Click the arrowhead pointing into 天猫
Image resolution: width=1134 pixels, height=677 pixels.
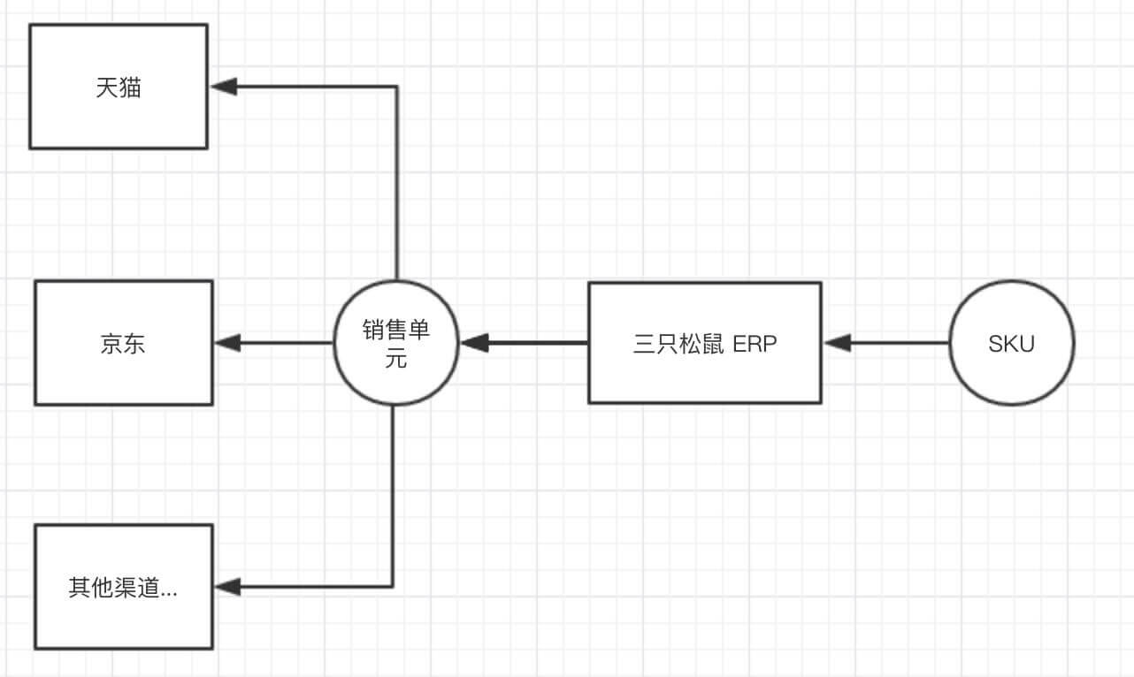[224, 87]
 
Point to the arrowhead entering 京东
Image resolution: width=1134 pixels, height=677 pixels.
[227, 343]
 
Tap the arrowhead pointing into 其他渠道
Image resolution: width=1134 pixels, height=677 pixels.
[227, 586]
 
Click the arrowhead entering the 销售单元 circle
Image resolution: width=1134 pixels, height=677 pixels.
[476, 343]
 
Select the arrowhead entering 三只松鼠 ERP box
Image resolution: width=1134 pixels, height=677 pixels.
[837, 343]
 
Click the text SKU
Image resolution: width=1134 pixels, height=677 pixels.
[1011, 344]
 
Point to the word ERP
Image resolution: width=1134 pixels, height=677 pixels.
[755, 344]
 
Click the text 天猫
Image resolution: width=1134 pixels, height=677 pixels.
[119, 87]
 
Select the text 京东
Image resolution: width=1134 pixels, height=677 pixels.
[123, 344]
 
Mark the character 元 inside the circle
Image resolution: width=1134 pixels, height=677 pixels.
[396, 359]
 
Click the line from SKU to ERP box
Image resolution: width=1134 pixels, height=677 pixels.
[898, 343]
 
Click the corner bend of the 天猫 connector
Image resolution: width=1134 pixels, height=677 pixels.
[397, 87]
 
